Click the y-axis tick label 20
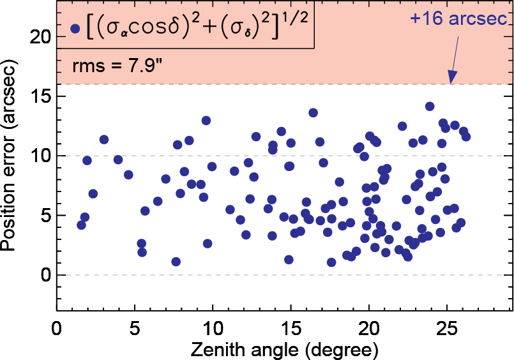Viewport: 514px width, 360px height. tap(39, 36)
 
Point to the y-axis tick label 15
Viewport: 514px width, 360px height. tap(39, 96)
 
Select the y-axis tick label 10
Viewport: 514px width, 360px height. tap(39, 156)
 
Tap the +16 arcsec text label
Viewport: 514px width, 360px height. tap(458, 20)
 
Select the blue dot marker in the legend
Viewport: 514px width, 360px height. tap(75, 28)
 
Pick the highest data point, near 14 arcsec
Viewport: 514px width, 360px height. tap(430, 107)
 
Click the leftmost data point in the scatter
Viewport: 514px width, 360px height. tap(81, 225)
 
